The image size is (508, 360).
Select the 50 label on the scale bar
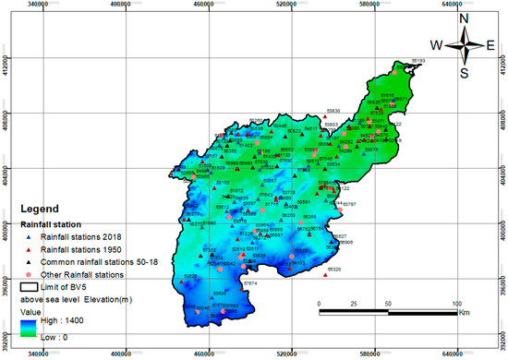click(x=388, y=304)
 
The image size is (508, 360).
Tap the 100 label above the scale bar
click(x=458, y=304)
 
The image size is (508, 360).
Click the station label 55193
click(x=417, y=61)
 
